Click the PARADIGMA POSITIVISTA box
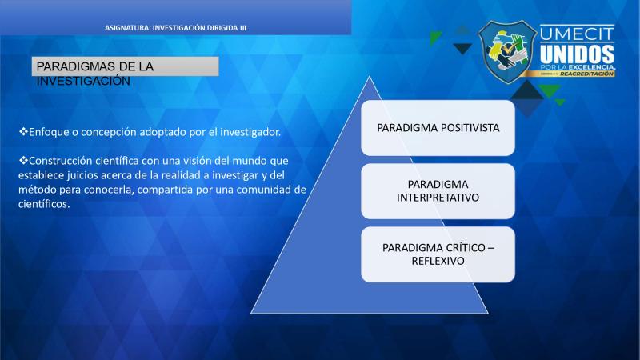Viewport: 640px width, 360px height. coord(438,128)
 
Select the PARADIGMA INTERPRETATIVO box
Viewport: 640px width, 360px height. coord(438,191)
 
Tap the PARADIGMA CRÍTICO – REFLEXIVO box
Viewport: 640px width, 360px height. coord(438,254)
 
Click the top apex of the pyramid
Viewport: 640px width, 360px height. coord(370,76)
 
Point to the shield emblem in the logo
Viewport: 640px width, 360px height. coord(507,52)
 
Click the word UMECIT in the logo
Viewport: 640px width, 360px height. coord(577,34)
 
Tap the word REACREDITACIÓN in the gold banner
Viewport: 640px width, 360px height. coord(586,74)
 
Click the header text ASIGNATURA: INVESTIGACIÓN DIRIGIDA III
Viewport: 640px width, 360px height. coord(175,28)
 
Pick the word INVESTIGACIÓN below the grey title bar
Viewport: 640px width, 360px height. coord(83,81)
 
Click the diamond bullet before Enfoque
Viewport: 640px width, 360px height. coord(23,131)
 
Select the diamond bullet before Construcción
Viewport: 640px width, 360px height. coord(23,160)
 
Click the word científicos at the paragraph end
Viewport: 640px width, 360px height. coord(44,204)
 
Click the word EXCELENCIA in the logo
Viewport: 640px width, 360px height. coord(591,66)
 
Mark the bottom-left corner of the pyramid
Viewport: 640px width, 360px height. coord(251,313)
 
